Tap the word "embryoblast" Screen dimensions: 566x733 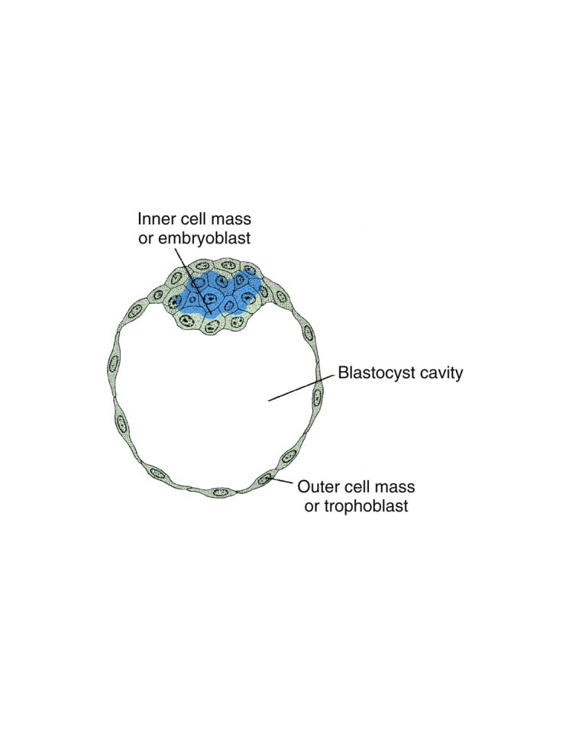[x=204, y=238]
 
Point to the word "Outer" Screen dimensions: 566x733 [x=319, y=487]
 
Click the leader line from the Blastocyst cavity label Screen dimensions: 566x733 [x=302, y=388]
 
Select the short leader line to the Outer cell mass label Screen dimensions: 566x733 [x=280, y=482]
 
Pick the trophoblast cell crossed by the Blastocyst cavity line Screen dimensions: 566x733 [x=317, y=397]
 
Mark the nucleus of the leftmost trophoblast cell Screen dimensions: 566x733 [x=112, y=363]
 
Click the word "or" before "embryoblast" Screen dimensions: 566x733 [x=145, y=238]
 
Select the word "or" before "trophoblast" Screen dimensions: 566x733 [x=311, y=507]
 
